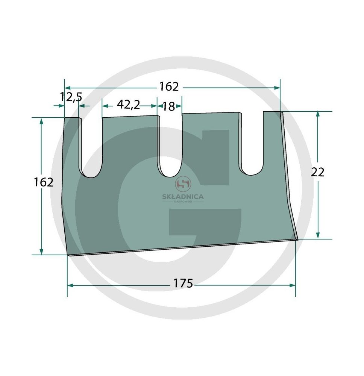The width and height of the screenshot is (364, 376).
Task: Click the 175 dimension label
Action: [183, 283]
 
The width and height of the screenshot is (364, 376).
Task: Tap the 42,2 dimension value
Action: [128, 105]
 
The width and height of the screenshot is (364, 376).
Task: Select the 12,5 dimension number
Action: [71, 97]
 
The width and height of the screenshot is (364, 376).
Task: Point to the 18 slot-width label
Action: [169, 106]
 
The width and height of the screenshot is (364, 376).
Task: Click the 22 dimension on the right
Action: [317, 172]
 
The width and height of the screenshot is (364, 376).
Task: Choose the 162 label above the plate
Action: [169, 86]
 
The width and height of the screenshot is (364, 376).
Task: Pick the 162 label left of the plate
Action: [43, 182]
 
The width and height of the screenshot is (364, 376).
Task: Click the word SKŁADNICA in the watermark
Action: [183, 197]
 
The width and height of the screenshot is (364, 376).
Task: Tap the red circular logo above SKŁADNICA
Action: [183, 184]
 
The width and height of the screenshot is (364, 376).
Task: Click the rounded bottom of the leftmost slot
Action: [91, 177]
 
